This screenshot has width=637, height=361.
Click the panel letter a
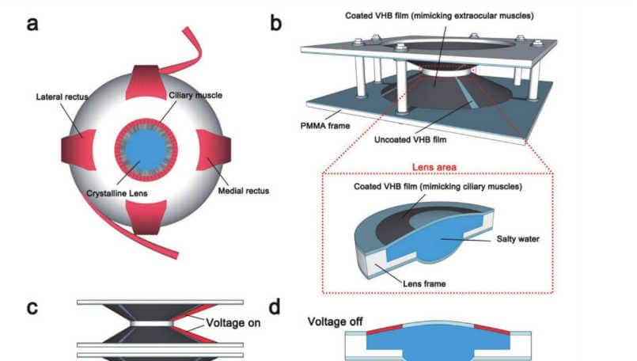[x=32, y=23]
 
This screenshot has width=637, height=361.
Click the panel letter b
[x=276, y=23]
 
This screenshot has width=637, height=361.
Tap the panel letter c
[x=33, y=306]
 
